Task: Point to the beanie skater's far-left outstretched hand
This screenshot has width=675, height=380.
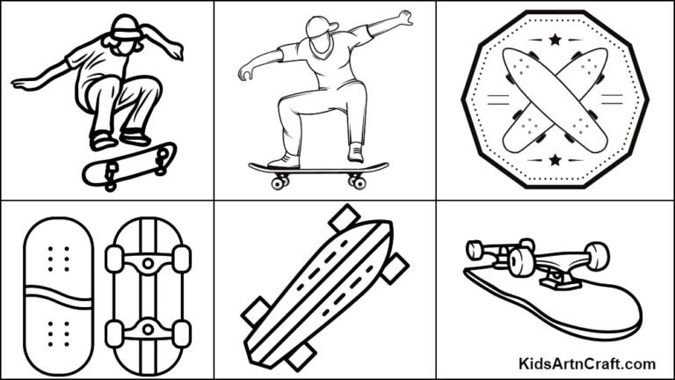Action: coord(19,84)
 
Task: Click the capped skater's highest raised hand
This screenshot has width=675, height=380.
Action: coord(403,17)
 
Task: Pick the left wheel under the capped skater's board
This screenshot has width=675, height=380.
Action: coord(280,182)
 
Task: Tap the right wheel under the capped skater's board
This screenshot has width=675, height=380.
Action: coord(356,182)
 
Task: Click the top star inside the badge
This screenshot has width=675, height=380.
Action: coord(555,40)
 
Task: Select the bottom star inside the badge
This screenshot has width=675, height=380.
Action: coord(555,159)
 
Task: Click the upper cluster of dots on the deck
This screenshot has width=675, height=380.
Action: coord(59,259)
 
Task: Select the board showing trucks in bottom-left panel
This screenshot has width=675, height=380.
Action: coord(148,295)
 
